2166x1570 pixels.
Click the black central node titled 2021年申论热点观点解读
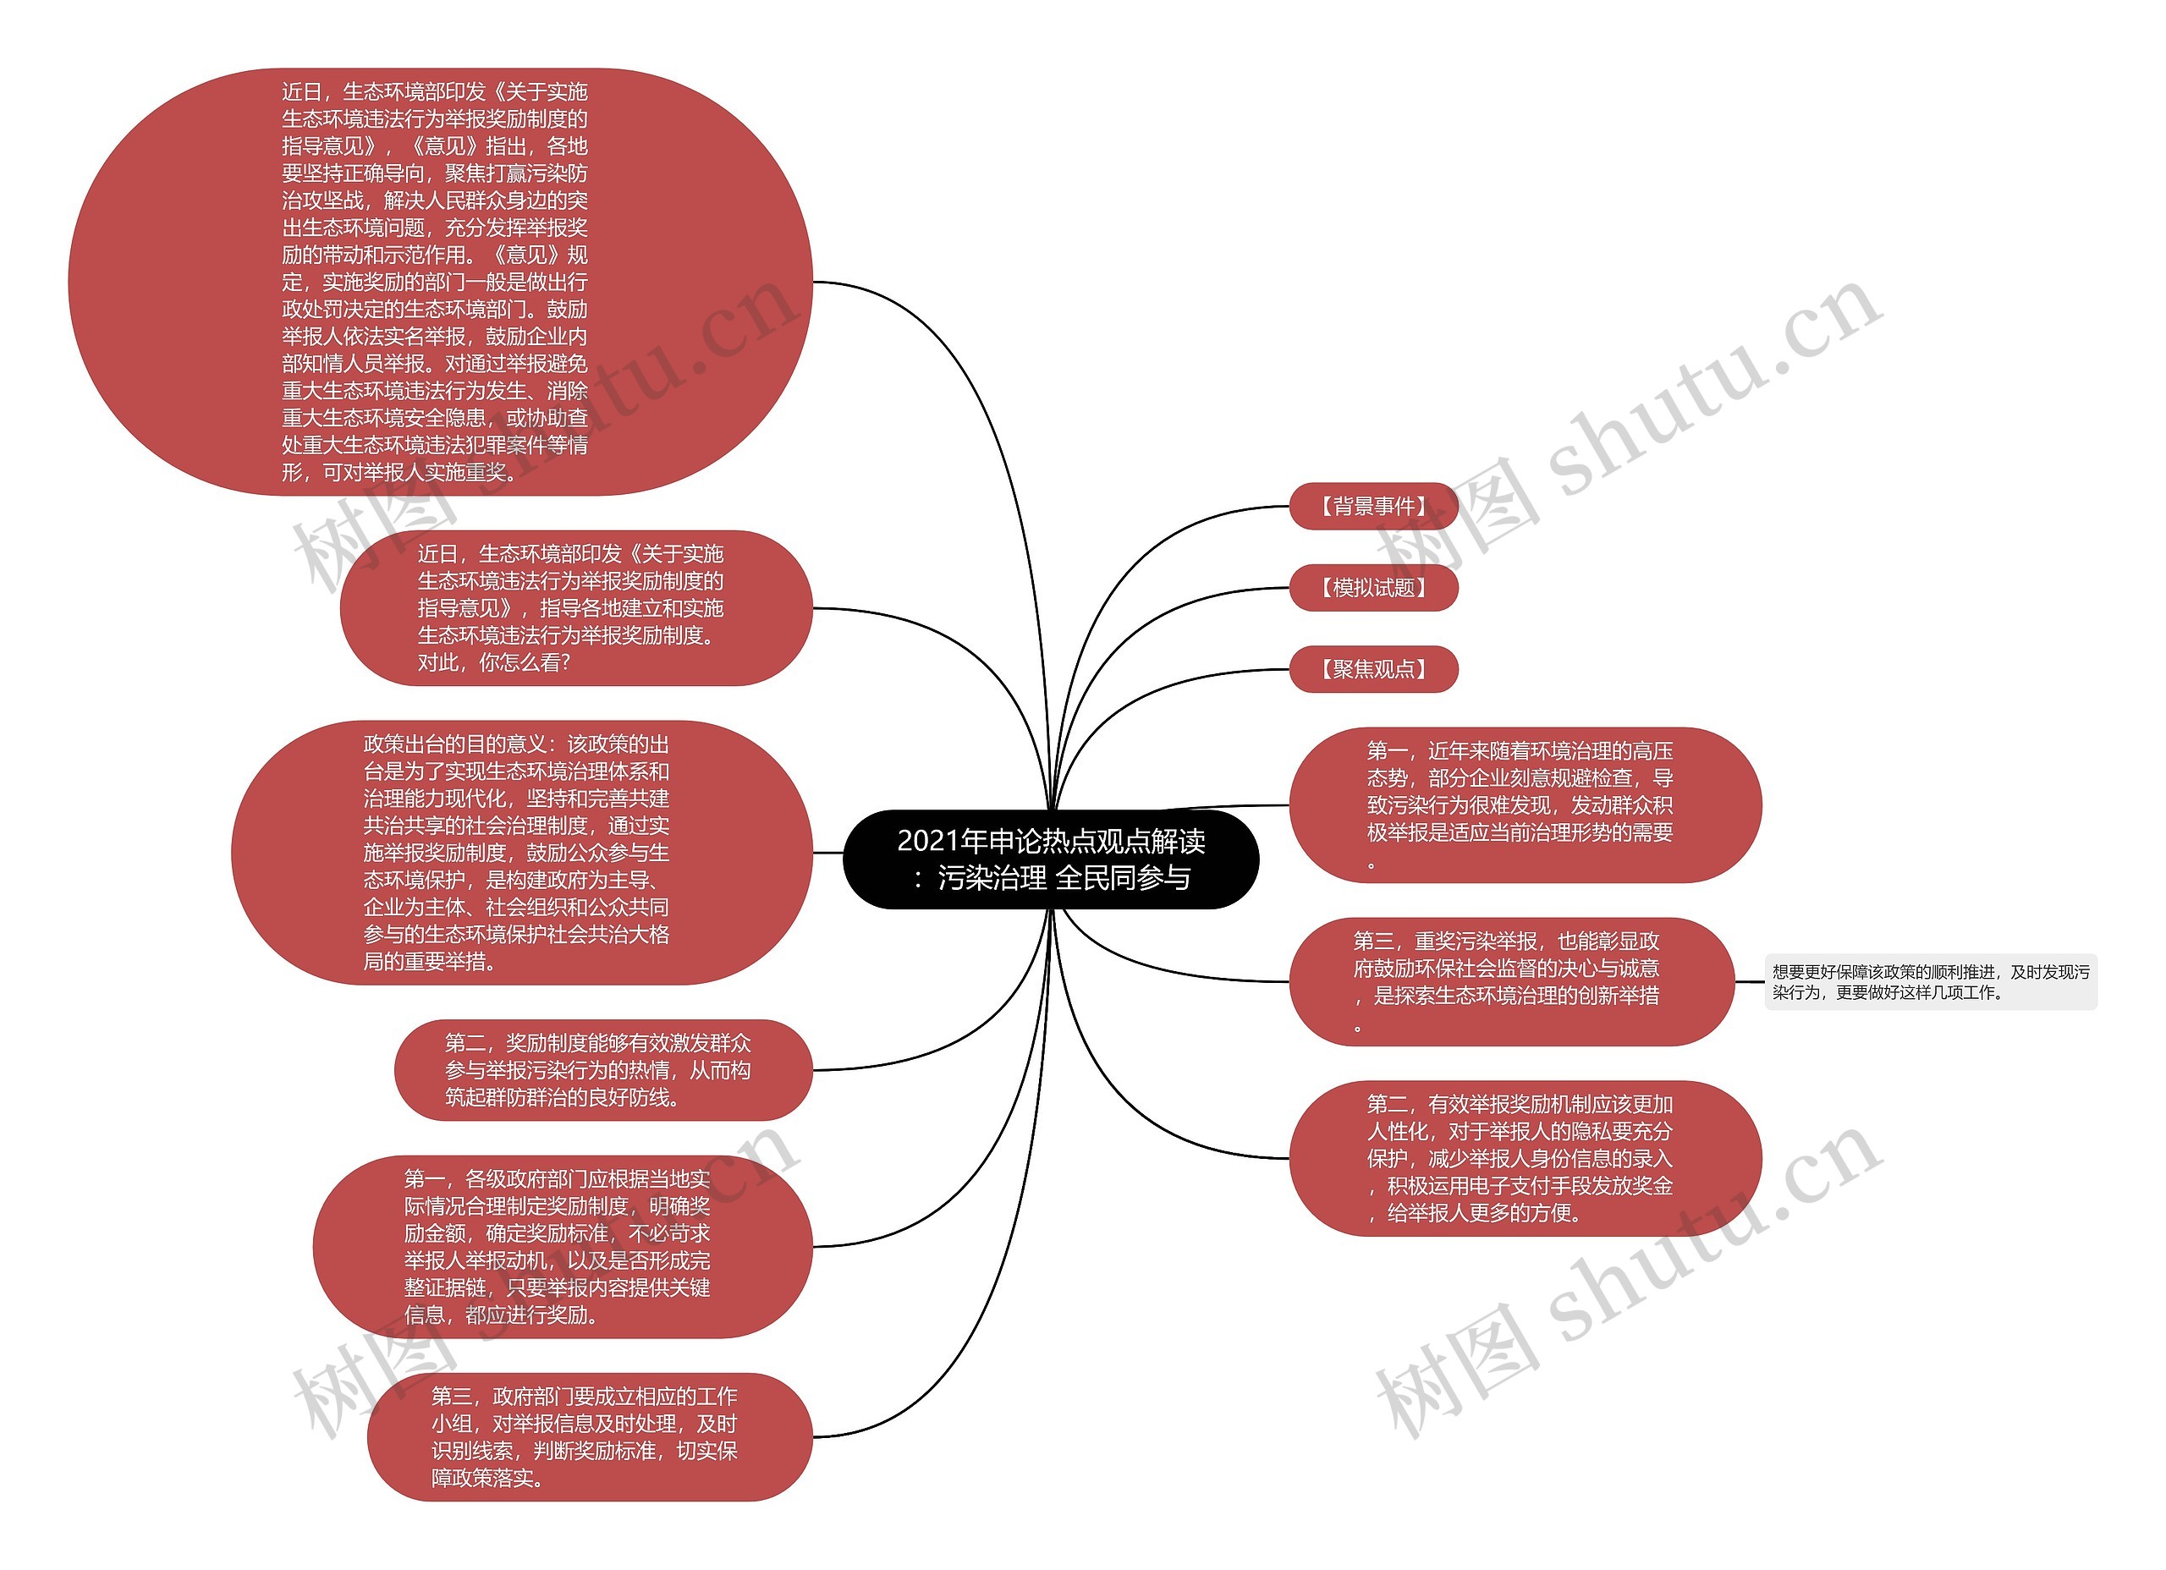point(1051,859)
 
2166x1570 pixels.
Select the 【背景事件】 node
point(1372,506)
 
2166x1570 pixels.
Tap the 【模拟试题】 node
point(1372,587)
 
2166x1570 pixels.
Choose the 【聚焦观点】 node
point(1372,668)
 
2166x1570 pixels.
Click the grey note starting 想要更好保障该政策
point(1929,982)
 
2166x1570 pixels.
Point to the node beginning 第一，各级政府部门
point(563,1246)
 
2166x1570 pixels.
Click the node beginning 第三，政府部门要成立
point(589,1436)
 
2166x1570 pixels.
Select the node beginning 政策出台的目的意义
point(521,852)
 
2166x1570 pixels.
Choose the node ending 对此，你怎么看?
point(576,607)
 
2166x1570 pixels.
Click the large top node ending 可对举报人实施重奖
point(439,282)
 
